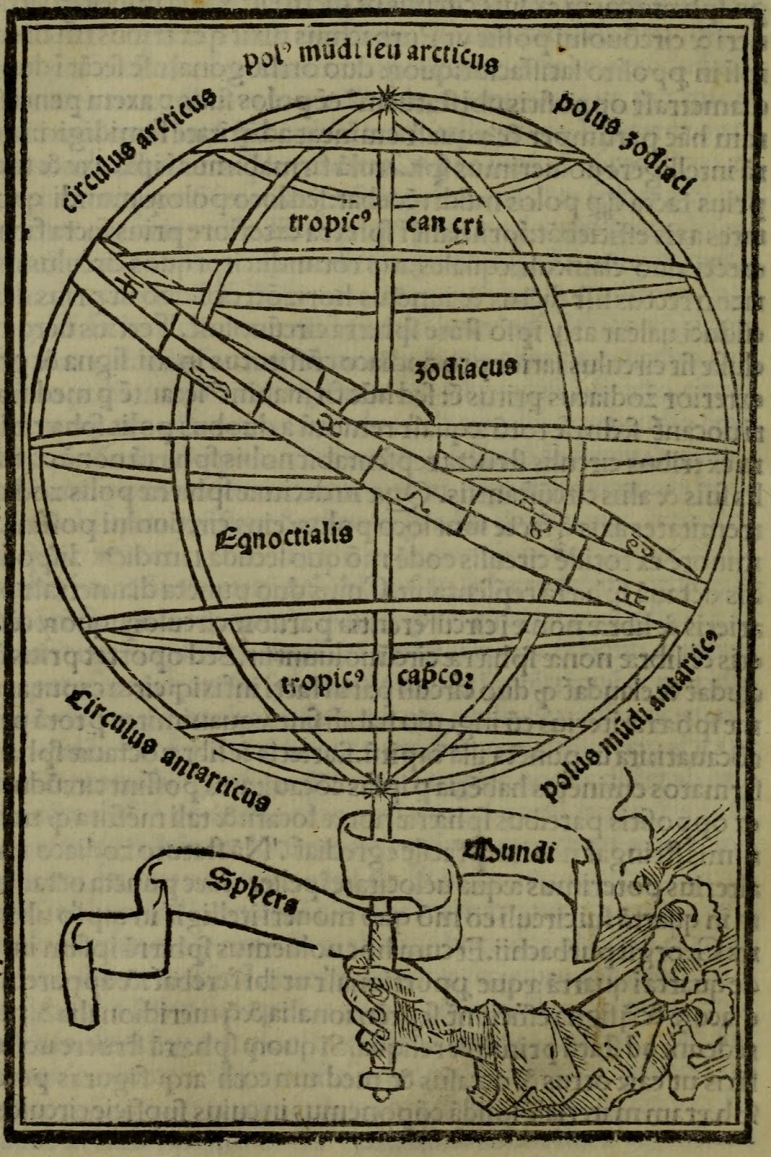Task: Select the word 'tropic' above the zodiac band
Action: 325,221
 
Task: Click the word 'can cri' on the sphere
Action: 435,223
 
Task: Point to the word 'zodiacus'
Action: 466,369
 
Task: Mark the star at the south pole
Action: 377,782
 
